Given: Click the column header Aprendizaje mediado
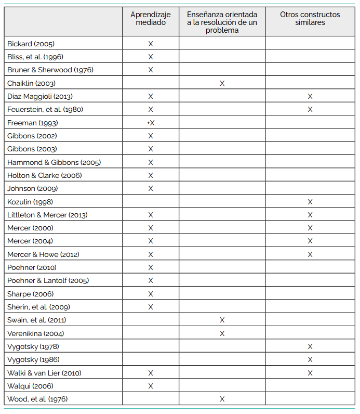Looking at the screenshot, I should click(151, 19).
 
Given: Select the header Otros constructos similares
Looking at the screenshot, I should click(310, 19).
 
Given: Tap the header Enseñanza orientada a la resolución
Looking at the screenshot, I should click(222, 22).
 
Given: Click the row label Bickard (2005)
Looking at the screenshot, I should click(31, 44).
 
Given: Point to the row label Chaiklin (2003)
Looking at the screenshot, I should click(31, 83).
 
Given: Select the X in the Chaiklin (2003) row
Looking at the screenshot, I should click(222, 83).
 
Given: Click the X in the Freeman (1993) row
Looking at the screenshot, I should click(152, 123).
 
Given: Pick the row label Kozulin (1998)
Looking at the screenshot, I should click(30, 202).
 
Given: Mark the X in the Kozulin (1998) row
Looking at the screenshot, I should click(310, 202).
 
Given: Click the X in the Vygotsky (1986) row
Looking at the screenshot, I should click(310, 359).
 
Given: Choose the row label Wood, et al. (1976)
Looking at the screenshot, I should click(37, 399).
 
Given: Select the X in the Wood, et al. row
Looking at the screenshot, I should click(222, 399).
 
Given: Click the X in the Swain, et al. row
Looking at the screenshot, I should click(222, 320).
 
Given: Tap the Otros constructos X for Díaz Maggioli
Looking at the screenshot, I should click(310, 96).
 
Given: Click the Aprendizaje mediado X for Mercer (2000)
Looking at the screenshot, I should click(151, 228).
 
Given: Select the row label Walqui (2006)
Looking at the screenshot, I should click(30, 386).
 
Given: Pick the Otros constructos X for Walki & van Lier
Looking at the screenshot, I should click(310, 373).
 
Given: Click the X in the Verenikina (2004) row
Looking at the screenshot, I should click(222, 333).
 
